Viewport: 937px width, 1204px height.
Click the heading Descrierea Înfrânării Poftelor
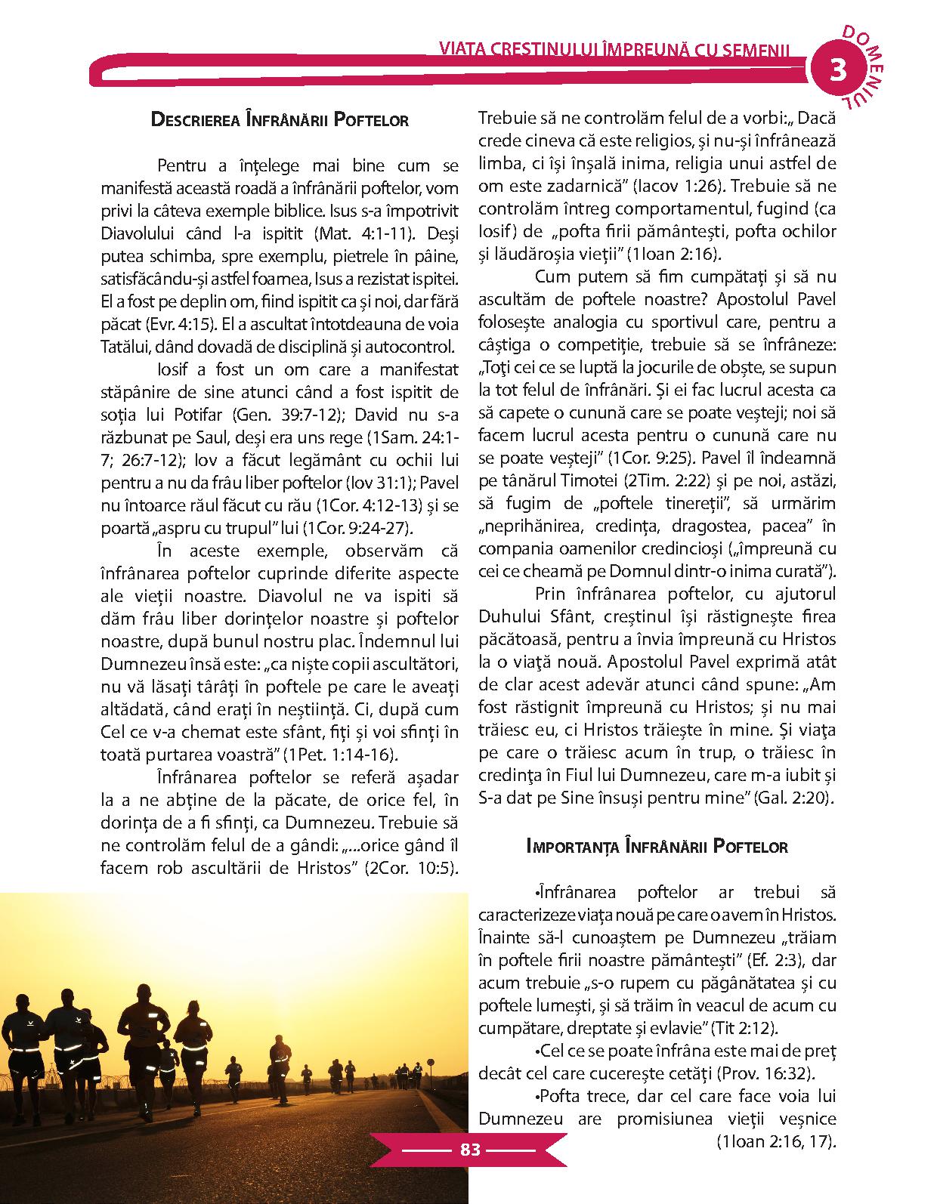pos(280,119)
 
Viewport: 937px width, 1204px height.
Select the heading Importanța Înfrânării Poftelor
pos(657,846)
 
